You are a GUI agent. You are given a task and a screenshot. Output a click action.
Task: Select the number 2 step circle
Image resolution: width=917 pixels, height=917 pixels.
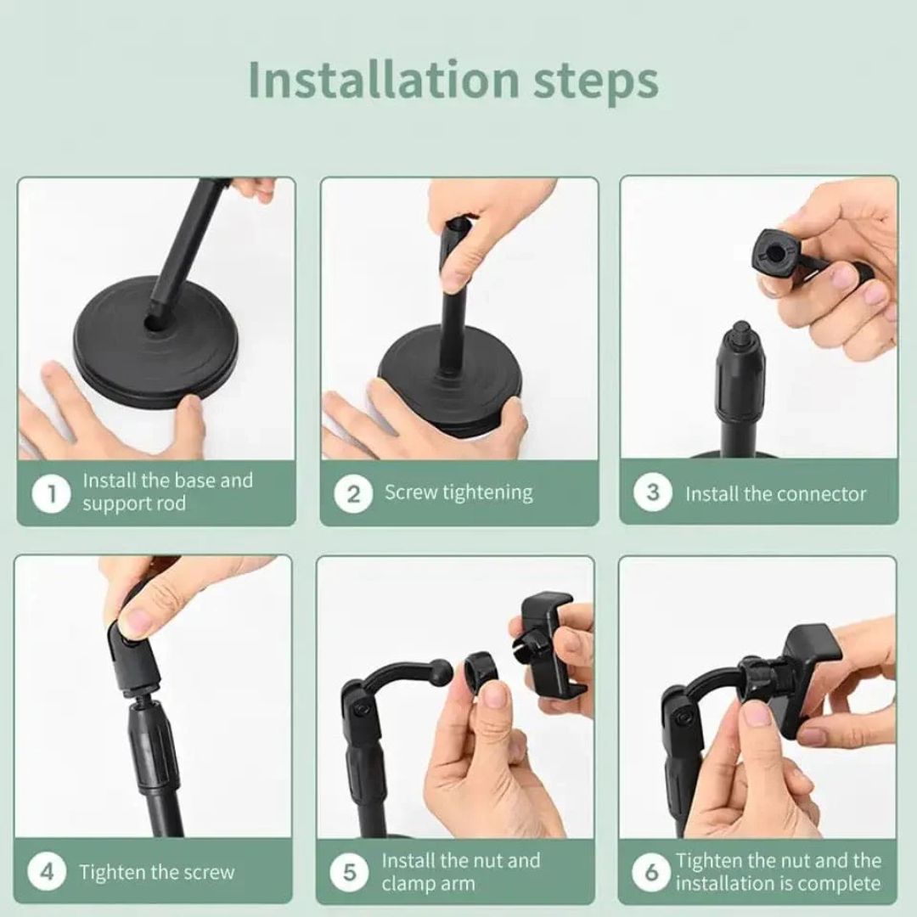pos(353,493)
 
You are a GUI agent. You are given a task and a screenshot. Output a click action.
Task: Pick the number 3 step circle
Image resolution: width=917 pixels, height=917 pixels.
pos(653,493)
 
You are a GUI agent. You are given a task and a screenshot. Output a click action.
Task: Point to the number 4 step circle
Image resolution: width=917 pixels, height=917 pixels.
pos(48,872)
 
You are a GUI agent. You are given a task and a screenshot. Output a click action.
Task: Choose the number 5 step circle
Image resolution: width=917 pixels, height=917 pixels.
pos(350,872)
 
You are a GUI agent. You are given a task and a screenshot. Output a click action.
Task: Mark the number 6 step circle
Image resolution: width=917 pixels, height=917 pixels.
pos(652,872)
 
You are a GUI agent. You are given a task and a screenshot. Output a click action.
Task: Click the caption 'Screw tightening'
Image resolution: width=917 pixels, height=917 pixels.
pos(458,492)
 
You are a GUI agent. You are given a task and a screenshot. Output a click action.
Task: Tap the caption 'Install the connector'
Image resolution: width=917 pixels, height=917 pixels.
pos(775,494)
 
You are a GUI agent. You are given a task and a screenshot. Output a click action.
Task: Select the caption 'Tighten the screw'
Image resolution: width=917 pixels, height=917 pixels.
pos(157,872)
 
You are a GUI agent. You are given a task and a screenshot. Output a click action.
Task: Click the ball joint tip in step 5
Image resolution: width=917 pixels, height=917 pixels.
pos(442,667)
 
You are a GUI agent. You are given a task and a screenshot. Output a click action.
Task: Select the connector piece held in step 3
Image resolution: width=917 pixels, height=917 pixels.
pos(777,250)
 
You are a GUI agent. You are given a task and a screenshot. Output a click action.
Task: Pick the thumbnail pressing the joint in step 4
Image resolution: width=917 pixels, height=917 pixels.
pos(136,624)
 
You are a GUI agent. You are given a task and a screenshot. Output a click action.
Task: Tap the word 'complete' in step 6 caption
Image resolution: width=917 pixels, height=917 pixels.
pos(835,883)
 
